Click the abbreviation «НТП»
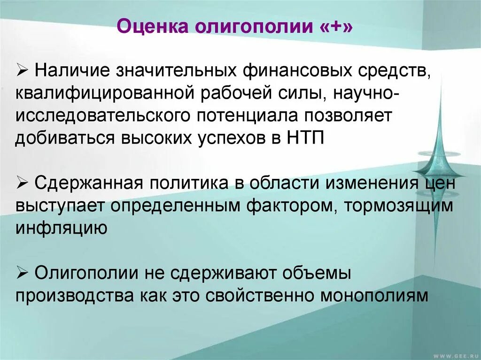point(304,139)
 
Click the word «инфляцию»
point(62,228)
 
